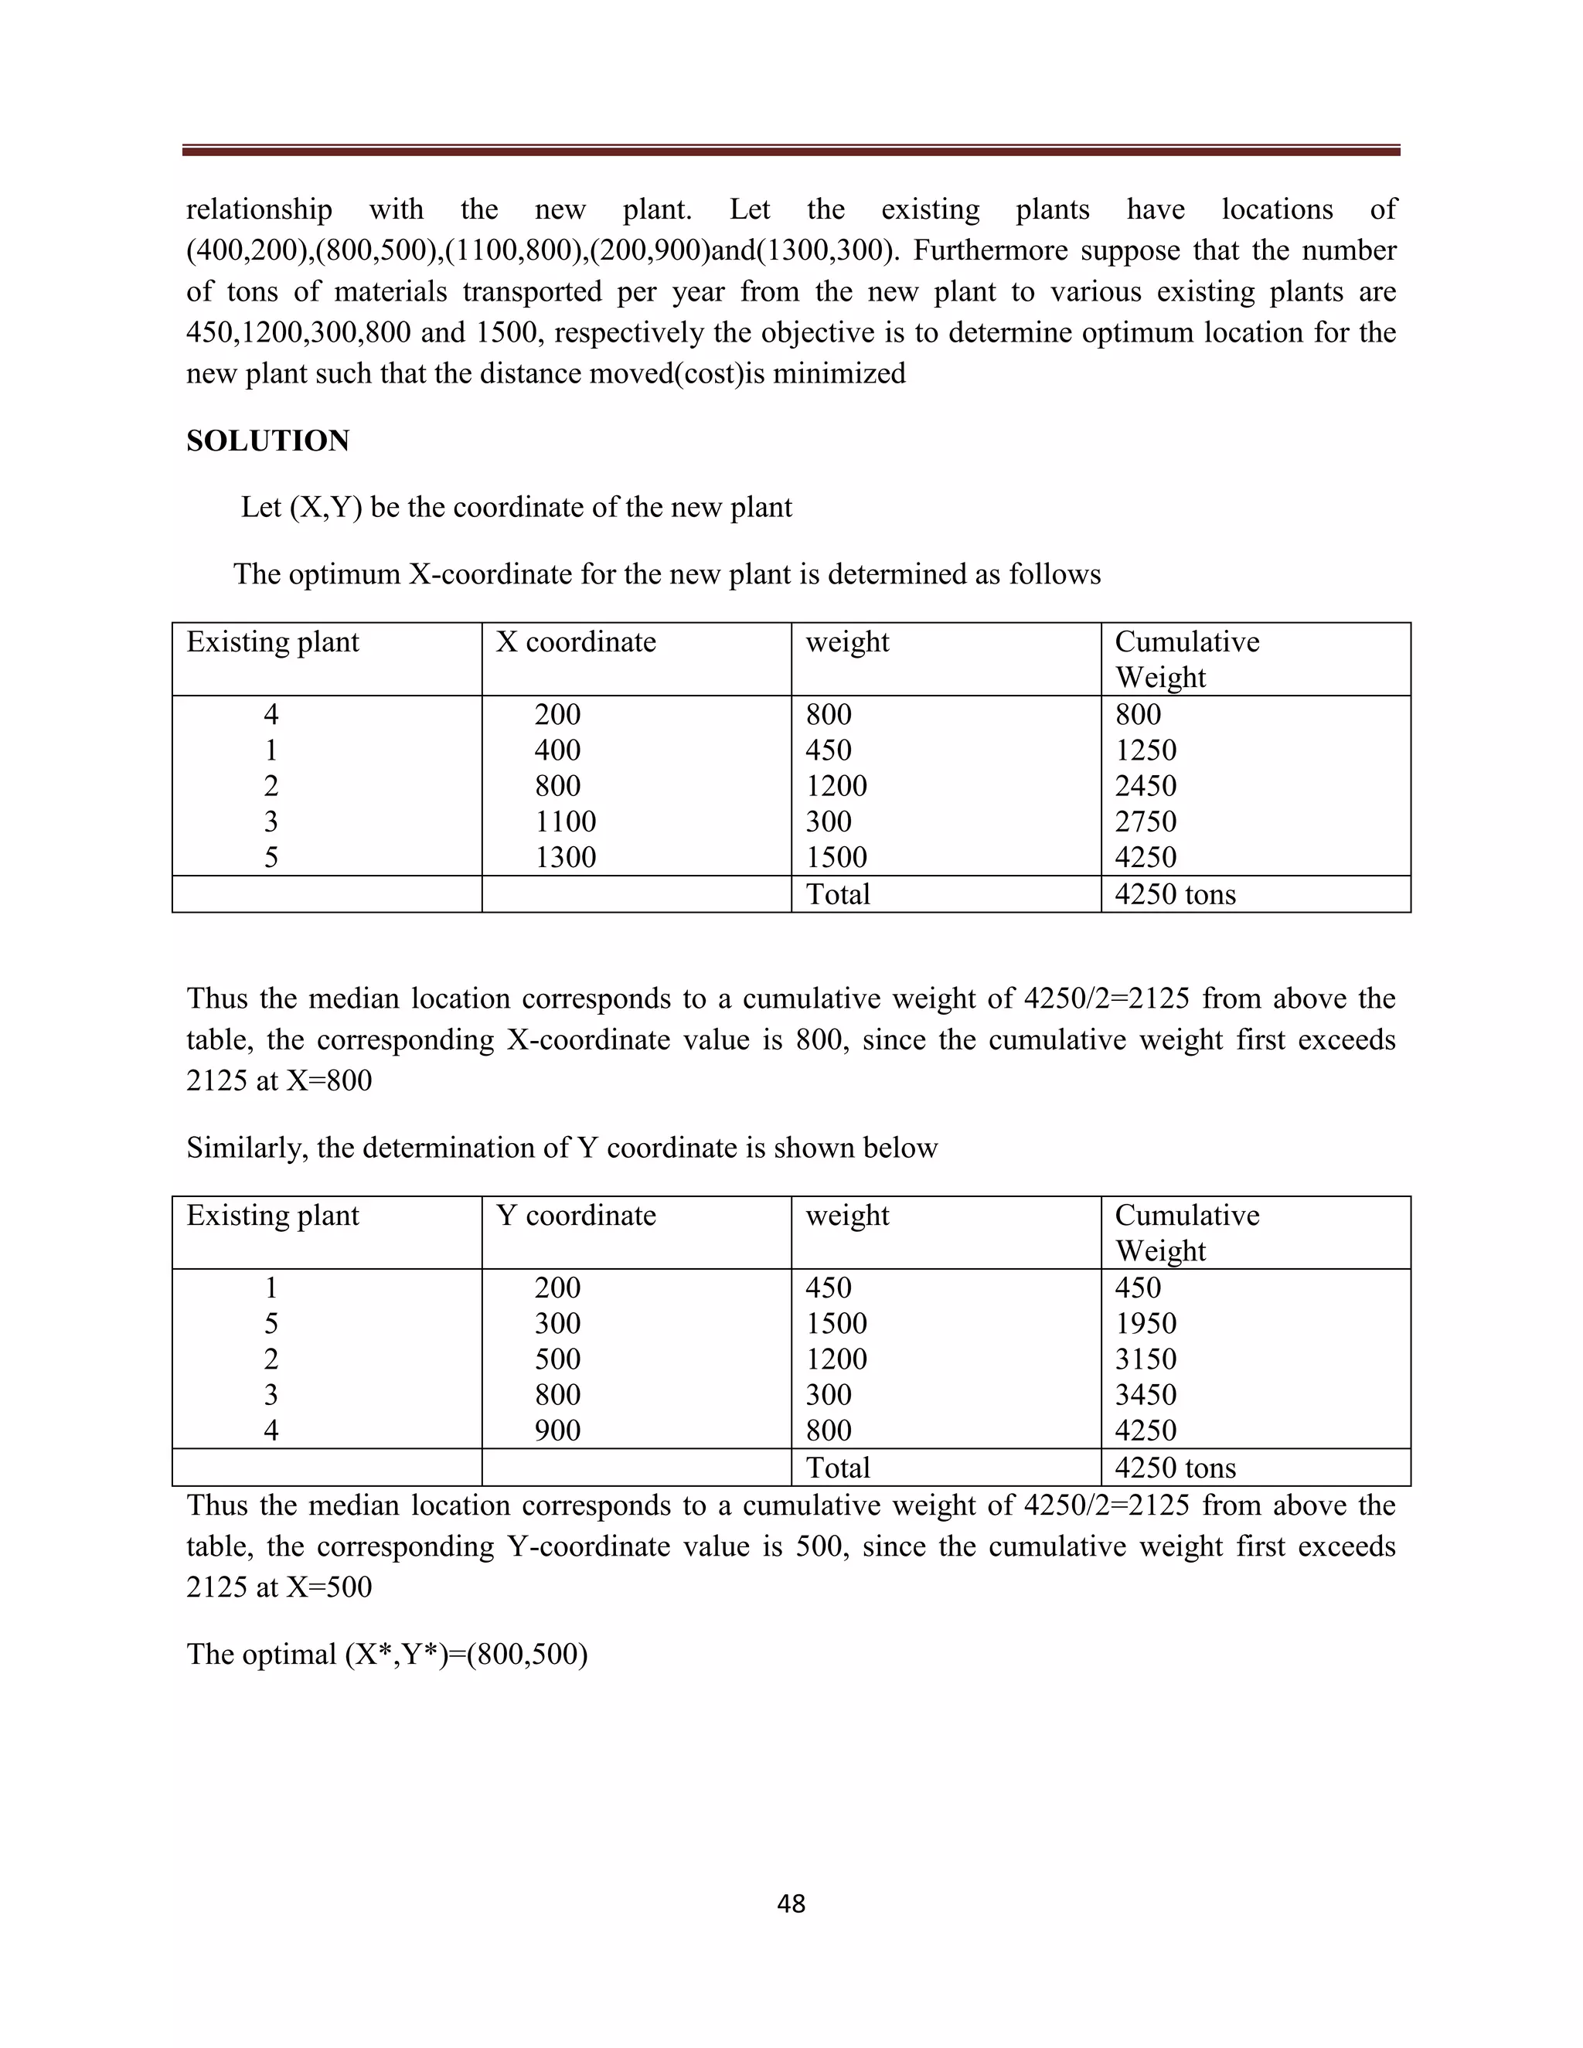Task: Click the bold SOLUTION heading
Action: click(x=267, y=441)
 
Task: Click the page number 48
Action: click(x=791, y=1904)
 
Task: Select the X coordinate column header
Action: click(x=575, y=642)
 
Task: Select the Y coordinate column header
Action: click(x=575, y=1216)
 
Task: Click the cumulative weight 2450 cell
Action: click(x=1145, y=786)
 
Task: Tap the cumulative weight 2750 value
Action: click(x=1145, y=822)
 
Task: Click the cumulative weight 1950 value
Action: click(x=1145, y=1323)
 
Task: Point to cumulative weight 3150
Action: click(x=1145, y=1359)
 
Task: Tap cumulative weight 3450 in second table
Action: click(x=1145, y=1394)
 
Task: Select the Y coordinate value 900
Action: click(x=557, y=1430)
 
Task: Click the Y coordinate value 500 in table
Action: click(x=557, y=1359)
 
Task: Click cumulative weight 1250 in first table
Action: click(x=1145, y=750)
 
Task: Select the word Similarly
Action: click(x=247, y=1148)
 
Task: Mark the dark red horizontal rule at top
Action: click(x=791, y=150)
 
